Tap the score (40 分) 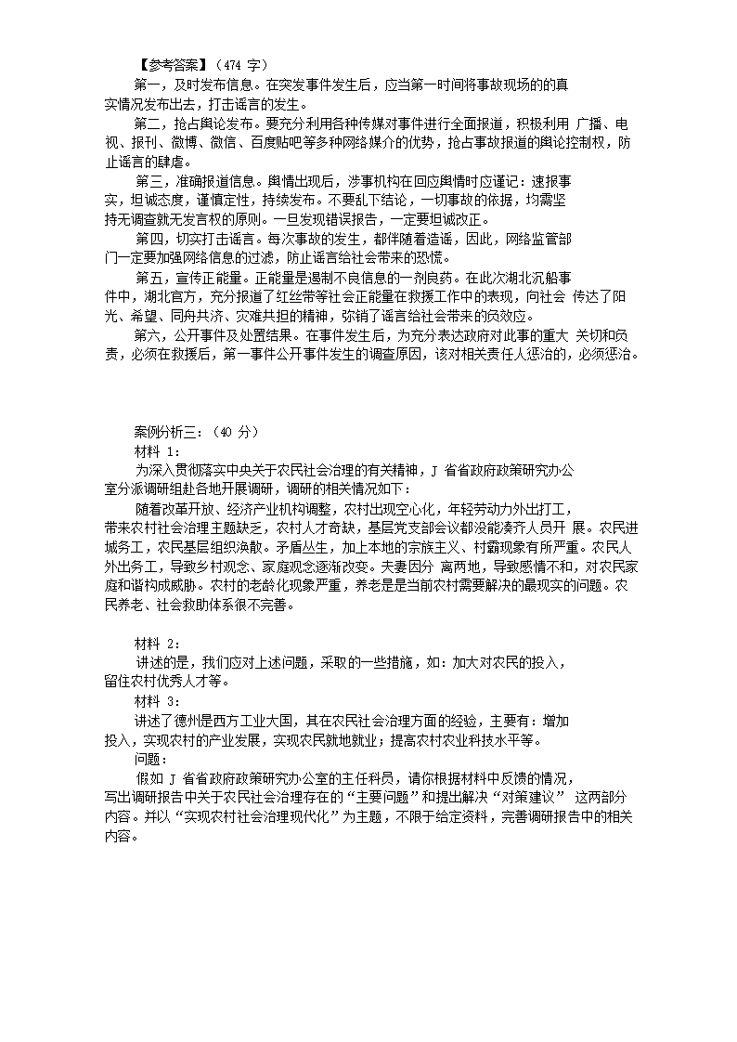pos(235,432)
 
